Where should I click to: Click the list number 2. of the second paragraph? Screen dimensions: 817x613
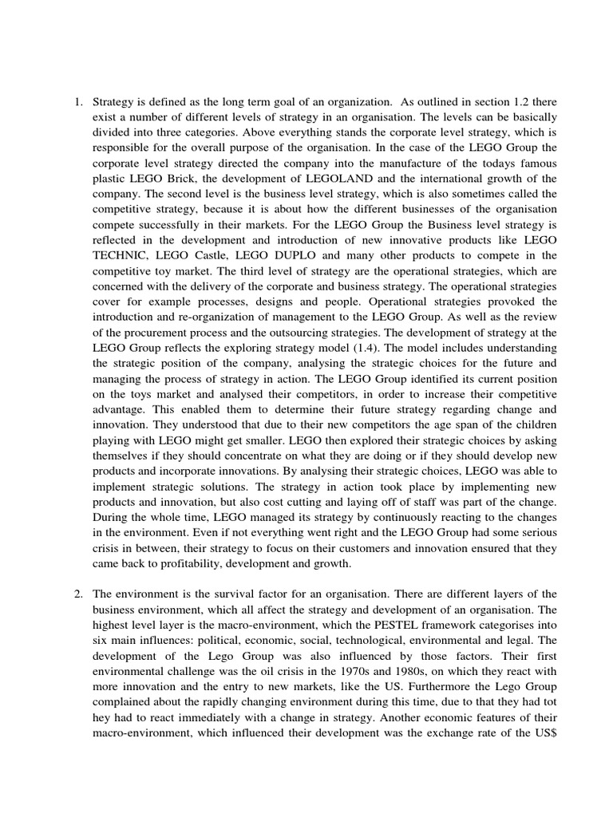click(x=78, y=594)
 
